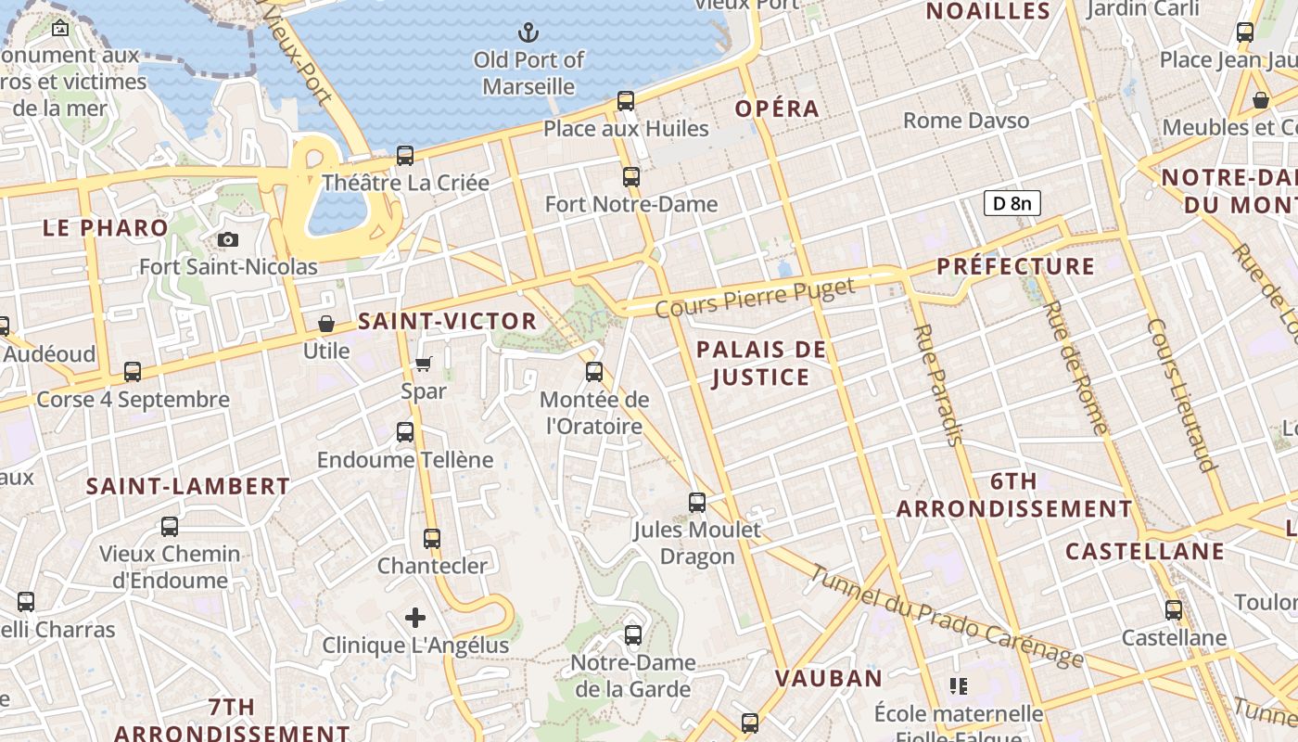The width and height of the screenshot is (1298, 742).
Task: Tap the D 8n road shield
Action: pos(1012,203)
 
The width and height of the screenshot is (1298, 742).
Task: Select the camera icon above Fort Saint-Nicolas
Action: pos(227,240)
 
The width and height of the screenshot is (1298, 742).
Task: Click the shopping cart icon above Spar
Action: pos(424,364)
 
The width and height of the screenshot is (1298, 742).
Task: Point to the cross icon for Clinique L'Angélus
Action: pos(415,617)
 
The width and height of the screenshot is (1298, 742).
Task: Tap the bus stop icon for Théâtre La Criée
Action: pos(405,156)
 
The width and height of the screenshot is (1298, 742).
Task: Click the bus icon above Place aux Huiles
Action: pos(626,101)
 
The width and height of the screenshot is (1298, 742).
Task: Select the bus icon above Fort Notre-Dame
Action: pos(631,176)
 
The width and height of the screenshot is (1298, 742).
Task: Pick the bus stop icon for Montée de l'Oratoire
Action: pos(594,372)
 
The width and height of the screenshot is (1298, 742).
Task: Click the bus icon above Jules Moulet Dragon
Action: pos(697,503)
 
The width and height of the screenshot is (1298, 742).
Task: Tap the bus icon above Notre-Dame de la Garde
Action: pos(633,635)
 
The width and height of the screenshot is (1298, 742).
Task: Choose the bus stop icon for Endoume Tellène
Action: pos(405,431)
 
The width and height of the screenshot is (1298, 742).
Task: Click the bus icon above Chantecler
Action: pos(432,538)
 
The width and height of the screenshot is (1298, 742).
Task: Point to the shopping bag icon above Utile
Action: pos(326,324)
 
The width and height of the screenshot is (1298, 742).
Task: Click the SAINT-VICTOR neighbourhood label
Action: pos(447,322)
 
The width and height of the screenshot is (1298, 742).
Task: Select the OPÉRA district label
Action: pos(777,109)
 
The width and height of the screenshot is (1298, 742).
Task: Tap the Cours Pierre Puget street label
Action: pos(755,297)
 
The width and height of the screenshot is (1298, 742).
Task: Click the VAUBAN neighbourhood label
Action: pos(829,678)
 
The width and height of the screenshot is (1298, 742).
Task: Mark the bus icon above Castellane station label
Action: pos(1174,610)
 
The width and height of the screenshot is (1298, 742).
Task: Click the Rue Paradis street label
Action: pos(938,386)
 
